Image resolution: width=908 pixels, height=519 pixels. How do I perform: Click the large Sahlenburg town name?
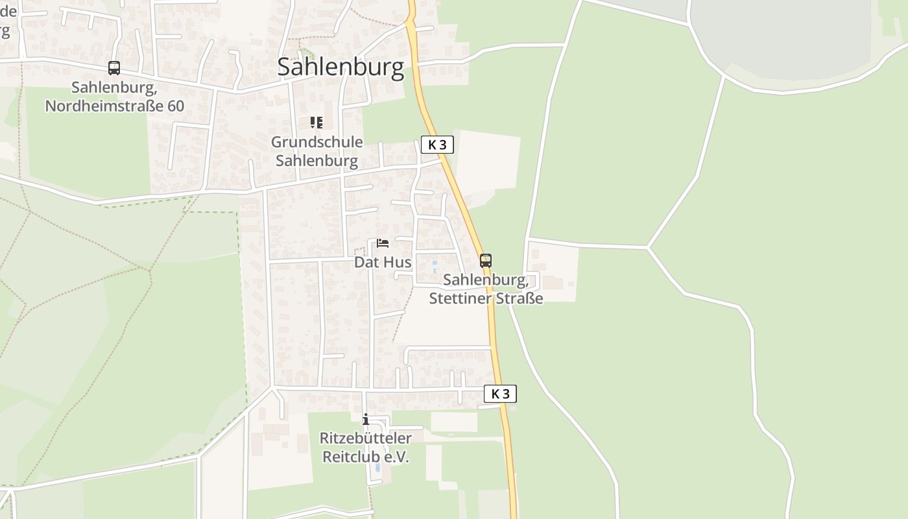pyautogui.click(x=340, y=67)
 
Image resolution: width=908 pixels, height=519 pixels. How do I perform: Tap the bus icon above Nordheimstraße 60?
pyautogui.click(x=114, y=67)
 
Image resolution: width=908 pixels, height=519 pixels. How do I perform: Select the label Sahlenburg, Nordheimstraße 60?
pyautogui.click(x=115, y=97)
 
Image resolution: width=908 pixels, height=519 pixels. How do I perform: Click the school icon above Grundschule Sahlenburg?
pyautogui.click(x=317, y=123)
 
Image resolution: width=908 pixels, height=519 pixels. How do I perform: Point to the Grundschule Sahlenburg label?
pyautogui.click(x=317, y=151)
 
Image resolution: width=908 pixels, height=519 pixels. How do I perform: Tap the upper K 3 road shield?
pyautogui.click(x=437, y=145)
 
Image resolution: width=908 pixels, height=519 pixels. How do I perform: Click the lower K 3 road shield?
pyautogui.click(x=500, y=394)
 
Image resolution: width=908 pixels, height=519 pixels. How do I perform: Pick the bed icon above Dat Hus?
pyautogui.click(x=383, y=243)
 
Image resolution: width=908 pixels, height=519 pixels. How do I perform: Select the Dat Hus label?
pyautogui.click(x=383, y=262)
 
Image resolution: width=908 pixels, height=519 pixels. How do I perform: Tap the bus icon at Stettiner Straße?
pyautogui.click(x=486, y=261)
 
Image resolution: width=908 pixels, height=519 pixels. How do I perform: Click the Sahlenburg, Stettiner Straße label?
pyautogui.click(x=486, y=289)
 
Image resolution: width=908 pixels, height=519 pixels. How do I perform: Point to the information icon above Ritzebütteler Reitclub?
pyautogui.click(x=366, y=419)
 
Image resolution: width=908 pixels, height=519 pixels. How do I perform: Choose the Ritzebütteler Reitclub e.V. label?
pyautogui.click(x=366, y=447)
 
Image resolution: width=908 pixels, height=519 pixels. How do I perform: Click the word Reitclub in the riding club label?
pyautogui.click(x=348, y=457)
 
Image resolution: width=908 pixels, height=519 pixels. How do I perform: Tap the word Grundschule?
pyautogui.click(x=317, y=141)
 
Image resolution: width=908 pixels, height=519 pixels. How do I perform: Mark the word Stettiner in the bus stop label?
pyautogui.click(x=458, y=298)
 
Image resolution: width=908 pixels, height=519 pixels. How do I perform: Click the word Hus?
pyautogui.click(x=399, y=262)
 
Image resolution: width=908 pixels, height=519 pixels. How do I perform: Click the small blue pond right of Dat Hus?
pyautogui.click(x=435, y=267)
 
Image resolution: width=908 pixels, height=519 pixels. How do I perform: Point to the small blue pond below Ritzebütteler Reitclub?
pyautogui.click(x=378, y=467)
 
